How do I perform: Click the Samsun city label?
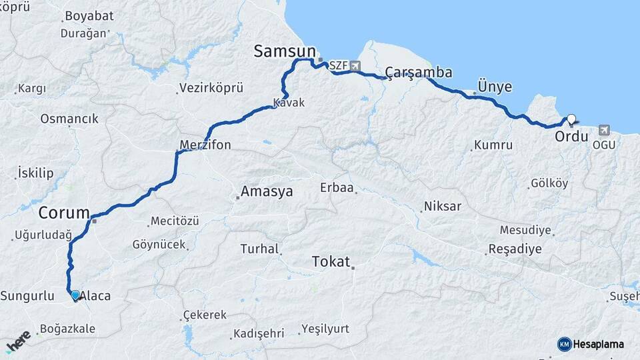tap(284, 51)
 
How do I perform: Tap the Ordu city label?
tap(571, 137)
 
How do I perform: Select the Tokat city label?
tap(331, 262)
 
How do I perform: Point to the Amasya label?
tap(267, 192)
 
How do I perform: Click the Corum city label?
tap(64, 213)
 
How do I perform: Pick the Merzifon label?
tap(205, 145)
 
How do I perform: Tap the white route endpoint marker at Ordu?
tap(571, 119)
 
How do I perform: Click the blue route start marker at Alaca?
tap(75, 295)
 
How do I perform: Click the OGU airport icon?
tap(605, 130)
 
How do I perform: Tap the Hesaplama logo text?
tap(599, 344)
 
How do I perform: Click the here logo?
tap(18, 341)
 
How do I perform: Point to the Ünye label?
tap(495, 87)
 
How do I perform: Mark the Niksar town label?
tap(443, 206)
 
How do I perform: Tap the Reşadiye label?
tap(515, 249)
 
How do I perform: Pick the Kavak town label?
tap(289, 103)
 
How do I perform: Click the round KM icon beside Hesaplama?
tap(564, 344)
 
